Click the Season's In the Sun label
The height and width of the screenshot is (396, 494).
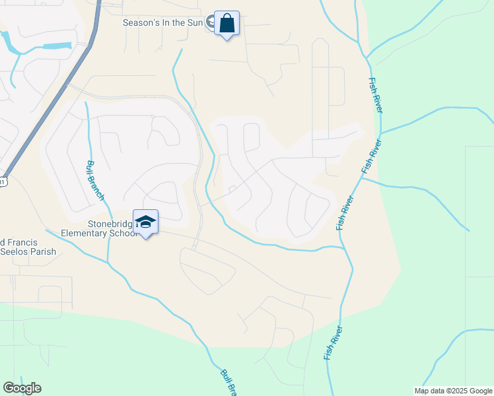[163, 22]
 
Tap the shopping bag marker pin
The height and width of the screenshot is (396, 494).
[227, 24]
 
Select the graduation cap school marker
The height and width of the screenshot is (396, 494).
[145, 222]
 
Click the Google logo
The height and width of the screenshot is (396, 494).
[22, 388]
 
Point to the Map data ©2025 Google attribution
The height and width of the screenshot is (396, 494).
[452, 391]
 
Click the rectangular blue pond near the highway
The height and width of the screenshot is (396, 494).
[57, 46]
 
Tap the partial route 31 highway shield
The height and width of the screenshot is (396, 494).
[3, 182]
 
